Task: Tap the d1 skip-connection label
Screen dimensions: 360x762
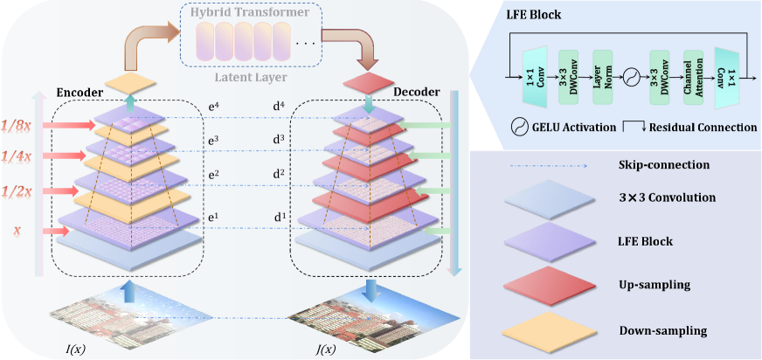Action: pos(281,216)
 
